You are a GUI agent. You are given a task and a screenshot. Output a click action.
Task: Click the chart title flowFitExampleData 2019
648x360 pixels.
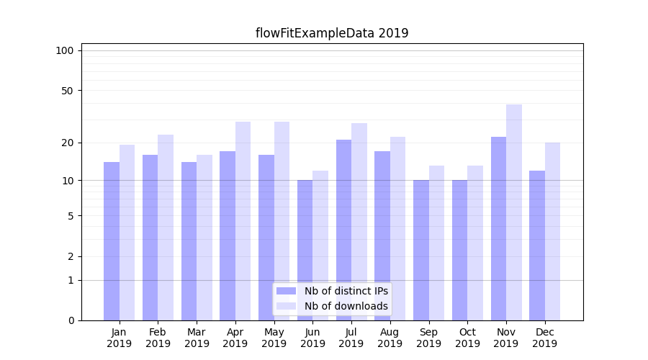click(332, 33)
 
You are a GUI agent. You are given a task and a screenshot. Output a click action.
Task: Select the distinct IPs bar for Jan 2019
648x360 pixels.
click(112, 241)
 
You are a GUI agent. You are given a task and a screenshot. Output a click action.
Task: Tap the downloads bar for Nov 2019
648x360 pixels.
click(514, 212)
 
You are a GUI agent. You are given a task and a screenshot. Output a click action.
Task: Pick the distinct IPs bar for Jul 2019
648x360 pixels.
click(343, 230)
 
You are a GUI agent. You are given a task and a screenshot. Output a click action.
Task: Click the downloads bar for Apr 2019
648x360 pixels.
click(243, 221)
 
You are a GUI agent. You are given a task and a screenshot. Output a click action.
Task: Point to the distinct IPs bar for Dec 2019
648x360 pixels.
click(537, 246)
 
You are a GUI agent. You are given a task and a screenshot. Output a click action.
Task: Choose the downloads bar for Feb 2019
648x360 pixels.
click(166, 228)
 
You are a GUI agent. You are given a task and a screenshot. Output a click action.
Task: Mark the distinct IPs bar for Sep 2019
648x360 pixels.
click(421, 250)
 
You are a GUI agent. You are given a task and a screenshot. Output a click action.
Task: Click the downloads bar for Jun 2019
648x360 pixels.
click(320, 246)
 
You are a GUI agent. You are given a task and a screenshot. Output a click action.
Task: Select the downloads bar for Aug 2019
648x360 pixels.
click(398, 228)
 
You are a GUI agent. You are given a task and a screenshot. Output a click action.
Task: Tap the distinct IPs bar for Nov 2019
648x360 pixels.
click(498, 228)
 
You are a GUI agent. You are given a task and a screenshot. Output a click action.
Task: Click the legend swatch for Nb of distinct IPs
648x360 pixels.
click(286, 291)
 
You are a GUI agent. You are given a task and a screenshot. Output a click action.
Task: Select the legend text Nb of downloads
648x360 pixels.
click(346, 306)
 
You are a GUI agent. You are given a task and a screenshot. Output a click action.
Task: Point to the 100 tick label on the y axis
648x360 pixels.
click(65, 50)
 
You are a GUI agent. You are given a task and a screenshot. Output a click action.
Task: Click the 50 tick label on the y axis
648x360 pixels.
click(67, 91)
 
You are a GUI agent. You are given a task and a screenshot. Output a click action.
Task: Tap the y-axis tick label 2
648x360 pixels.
click(71, 256)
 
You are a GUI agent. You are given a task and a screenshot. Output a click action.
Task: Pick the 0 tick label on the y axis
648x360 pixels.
click(71, 320)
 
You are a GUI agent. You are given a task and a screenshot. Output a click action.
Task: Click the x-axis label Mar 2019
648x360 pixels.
click(197, 338)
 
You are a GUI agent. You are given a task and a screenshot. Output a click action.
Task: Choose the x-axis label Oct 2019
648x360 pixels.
click(467, 338)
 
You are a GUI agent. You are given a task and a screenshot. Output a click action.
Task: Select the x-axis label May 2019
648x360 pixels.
click(274, 338)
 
